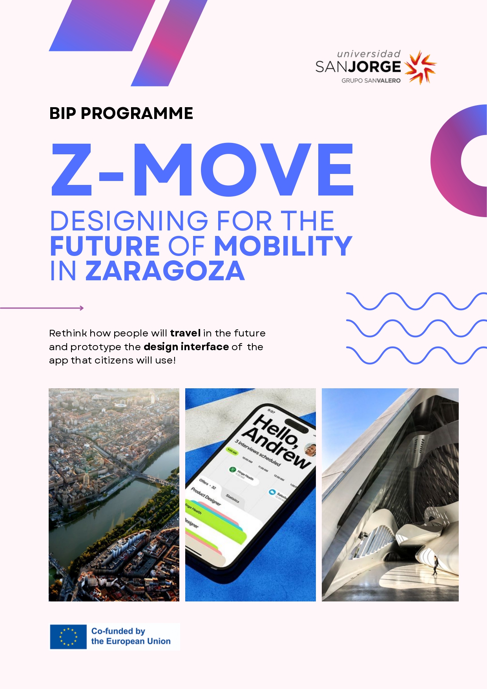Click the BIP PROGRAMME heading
(x=121, y=113)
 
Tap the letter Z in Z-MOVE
(x=72, y=170)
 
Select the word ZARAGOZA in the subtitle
(x=165, y=271)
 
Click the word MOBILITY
(x=283, y=246)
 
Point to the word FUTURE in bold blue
(x=105, y=246)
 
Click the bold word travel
(x=185, y=333)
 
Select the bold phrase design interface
(x=186, y=347)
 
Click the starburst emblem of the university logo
(x=420, y=67)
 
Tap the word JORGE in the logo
(x=375, y=67)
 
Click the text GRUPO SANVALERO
(x=371, y=81)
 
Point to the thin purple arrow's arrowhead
(x=82, y=308)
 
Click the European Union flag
(x=68, y=636)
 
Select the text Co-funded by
(x=118, y=631)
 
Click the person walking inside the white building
(x=435, y=565)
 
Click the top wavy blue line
(x=416, y=301)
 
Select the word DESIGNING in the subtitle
(x=129, y=221)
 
